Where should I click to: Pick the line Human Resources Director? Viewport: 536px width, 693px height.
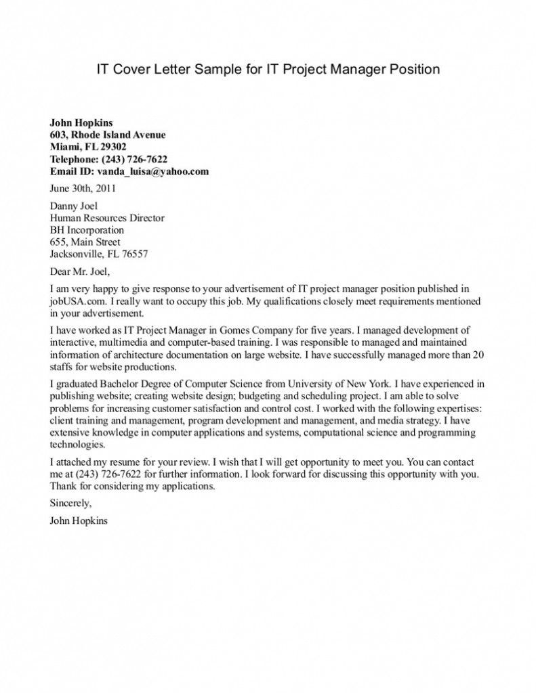[107, 218]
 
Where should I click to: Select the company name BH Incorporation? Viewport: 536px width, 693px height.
[87, 230]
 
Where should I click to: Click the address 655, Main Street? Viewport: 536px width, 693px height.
[85, 242]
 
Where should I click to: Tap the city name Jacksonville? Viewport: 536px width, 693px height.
[76, 254]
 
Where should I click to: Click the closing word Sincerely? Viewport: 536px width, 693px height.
[70, 504]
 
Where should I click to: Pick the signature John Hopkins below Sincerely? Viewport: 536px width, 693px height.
[79, 521]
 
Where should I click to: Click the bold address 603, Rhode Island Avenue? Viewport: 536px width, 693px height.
[108, 135]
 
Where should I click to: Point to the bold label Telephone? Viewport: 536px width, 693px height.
[74, 159]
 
